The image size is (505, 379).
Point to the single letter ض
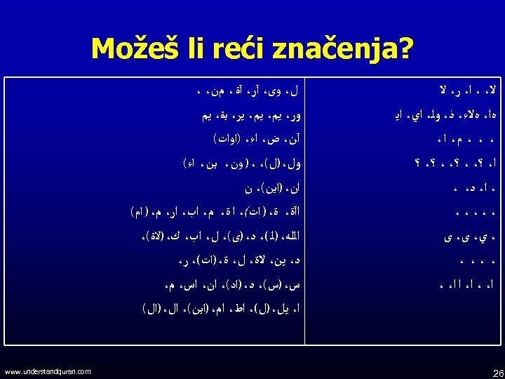[271, 140]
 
